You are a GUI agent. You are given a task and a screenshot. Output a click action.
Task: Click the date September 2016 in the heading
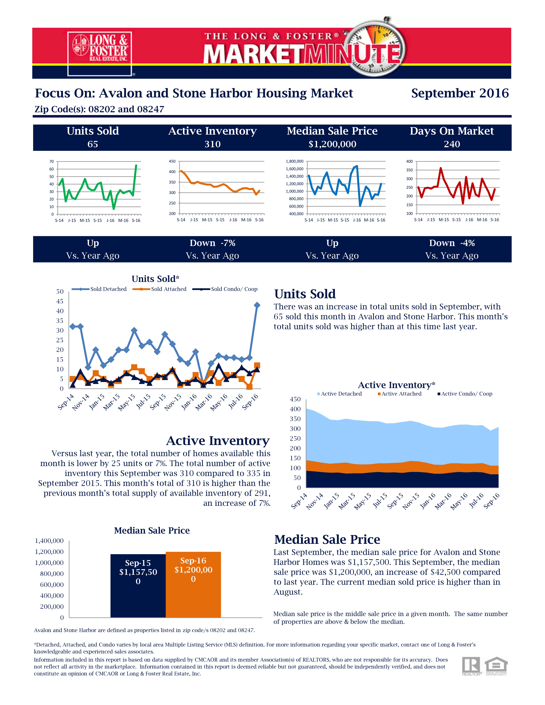460,93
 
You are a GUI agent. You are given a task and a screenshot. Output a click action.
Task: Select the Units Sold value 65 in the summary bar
93,144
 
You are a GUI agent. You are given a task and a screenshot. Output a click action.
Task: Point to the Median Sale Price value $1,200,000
332,144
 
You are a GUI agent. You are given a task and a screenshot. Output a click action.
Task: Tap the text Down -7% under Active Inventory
212,243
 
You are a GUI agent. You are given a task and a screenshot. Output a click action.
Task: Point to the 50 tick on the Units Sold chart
60,292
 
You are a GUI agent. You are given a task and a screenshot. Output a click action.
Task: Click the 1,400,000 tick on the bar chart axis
49,541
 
